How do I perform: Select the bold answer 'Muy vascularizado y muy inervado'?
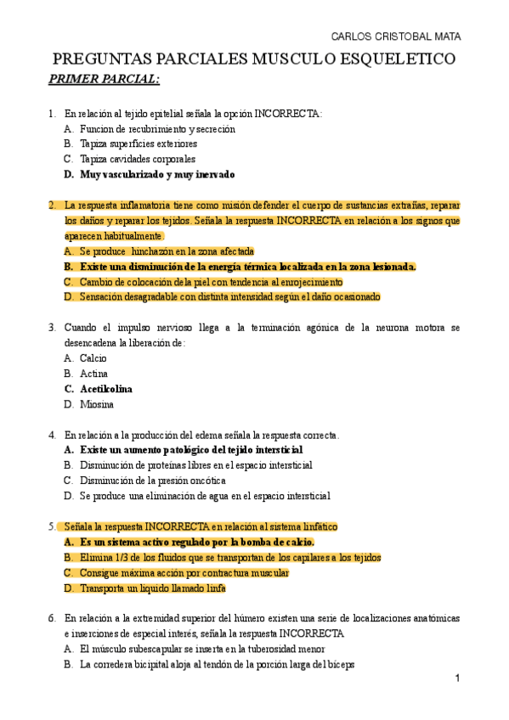pos(157,174)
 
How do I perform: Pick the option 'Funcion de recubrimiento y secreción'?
pos(157,129)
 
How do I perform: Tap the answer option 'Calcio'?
pos(93,358)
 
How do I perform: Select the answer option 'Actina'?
pos(93,374)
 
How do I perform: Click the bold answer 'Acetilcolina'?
pos(106,389)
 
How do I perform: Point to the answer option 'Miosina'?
pos(96,404)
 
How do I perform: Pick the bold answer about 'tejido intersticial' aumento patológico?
pos(191,450)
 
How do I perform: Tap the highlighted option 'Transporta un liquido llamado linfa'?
pos(153,588)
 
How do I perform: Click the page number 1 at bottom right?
pos(457,678)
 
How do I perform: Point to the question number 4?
pos(52,435)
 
